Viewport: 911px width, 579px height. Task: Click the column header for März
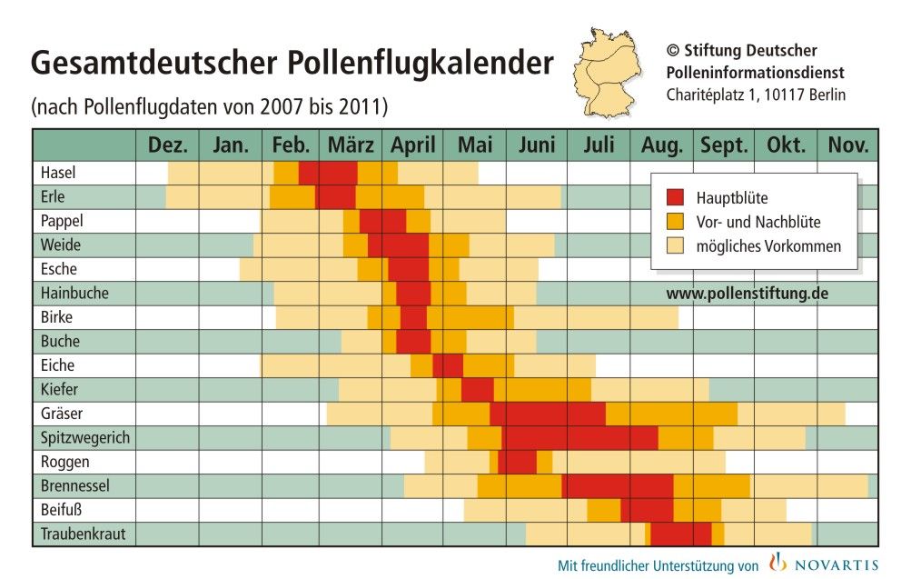tap(351, 145)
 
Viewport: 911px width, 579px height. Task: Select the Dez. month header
tap(167, 145)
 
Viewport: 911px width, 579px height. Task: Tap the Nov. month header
tap(847, 145)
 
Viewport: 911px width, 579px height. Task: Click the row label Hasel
tap(59, 173)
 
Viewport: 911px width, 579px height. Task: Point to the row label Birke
tap(57, 317)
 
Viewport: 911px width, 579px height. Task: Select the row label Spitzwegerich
tap(85, 437)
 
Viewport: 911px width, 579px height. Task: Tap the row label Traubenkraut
tap(83, 534)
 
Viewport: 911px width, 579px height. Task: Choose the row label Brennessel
tap(74, 485)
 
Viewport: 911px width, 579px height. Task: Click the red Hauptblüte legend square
tap(675, 197)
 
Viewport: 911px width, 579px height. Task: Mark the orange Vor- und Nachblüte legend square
tap(675, 222)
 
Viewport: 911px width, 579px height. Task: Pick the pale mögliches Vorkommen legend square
tap(675, 246)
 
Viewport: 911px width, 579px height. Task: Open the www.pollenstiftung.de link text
tap(747, 294)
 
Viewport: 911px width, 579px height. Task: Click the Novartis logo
tap(824, 564)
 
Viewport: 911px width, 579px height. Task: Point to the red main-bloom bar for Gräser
tap(548, 414)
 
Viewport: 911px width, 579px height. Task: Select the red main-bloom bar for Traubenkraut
tap(680, 534)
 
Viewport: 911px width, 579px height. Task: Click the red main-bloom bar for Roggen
tap(517, 462)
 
